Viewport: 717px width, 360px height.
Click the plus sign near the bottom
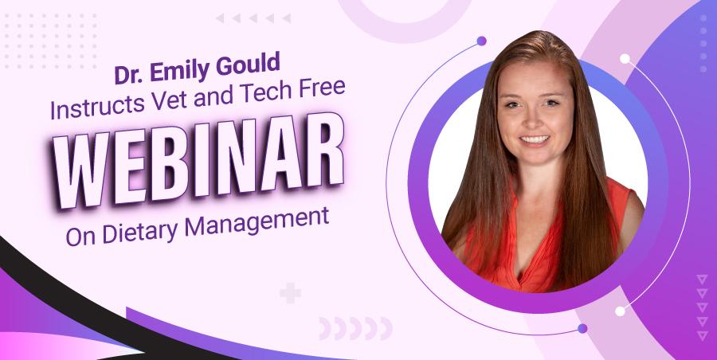291,294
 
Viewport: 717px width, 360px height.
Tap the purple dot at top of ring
481,41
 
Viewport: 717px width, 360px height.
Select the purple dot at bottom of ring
582,328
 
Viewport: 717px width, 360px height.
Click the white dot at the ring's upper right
625,59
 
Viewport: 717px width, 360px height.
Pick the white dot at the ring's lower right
620,310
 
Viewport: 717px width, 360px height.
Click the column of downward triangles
701,307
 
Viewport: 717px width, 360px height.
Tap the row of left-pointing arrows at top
253,18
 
